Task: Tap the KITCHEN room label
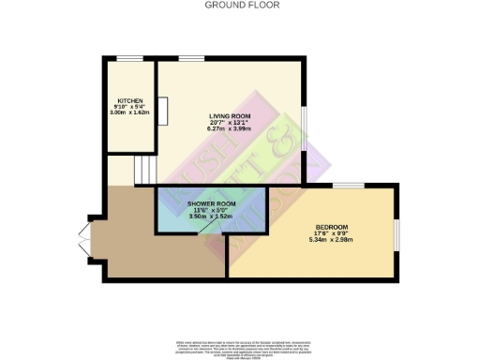129,99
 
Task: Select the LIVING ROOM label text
231,117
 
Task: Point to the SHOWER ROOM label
212,202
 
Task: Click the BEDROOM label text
332,228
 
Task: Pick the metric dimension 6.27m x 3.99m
231,131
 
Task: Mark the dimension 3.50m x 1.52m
212,217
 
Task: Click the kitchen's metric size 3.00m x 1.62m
129,112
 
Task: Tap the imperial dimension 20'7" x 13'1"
231,125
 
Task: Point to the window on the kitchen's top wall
130,59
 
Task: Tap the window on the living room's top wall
191,59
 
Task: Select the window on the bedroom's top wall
348,184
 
